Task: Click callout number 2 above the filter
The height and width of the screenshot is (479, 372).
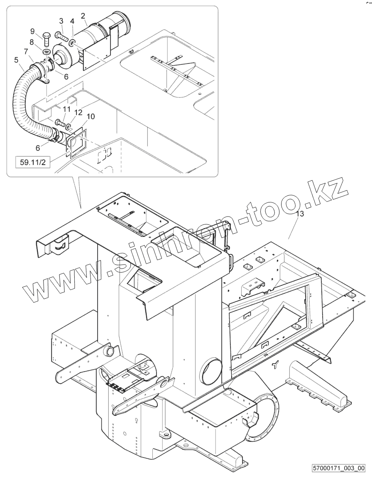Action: pos(83,16)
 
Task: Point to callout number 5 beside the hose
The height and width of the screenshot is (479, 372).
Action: pos(16,60)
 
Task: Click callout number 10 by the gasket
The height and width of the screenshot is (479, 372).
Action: pos(91,117)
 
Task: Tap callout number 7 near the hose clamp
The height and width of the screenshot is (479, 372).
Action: pos(26,51)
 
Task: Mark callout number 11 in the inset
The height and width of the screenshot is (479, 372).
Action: pos(66,109)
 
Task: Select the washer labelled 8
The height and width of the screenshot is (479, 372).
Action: pos(46,51)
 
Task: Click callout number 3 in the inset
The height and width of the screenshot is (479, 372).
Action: pos(61,21)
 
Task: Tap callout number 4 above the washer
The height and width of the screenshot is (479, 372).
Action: pos(72,21)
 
